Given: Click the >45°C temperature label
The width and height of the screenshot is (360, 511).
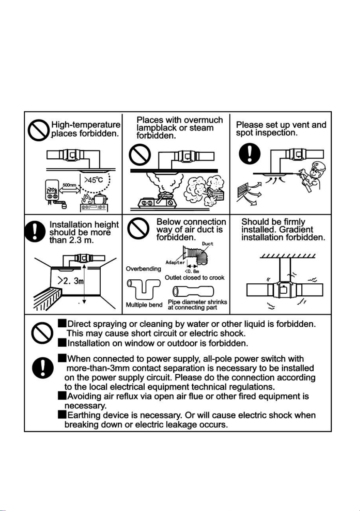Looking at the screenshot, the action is click(x=93, y=180).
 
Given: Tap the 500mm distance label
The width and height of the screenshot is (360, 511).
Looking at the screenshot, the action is click(x=69, y=185).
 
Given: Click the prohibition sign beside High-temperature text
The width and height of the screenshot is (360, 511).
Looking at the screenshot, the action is click(x=39, y=130).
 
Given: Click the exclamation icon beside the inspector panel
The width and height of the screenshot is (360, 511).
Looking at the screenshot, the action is click(x=250, y=154).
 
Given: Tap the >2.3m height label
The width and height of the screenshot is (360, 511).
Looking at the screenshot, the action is click(x=71, y=281).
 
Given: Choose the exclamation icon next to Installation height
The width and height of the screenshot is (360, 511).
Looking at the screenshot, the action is click(x=35, y=232).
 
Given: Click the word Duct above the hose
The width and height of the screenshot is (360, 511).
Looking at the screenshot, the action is click(x=208, y=244).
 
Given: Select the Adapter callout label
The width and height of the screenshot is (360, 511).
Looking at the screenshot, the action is click(x=175, y=262).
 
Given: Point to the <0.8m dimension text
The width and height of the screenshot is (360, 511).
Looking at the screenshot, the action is click(x=192, y=271).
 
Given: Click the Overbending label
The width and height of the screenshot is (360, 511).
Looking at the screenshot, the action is click(x=144, y=269).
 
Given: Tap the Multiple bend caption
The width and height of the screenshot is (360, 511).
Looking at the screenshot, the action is click(x=144, y=305).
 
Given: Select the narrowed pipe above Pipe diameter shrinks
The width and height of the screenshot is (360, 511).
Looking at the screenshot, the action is click(x=193, y=291).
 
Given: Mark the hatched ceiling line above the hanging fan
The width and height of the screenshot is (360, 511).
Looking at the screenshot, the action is click(x=288, y=256).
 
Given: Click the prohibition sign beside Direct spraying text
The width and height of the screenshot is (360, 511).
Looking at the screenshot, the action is click(x=42, y=333).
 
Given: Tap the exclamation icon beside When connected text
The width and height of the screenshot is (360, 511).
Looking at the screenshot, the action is click(x=43, y=367).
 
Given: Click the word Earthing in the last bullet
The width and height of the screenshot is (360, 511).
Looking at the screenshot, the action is click(x=84, y=415).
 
